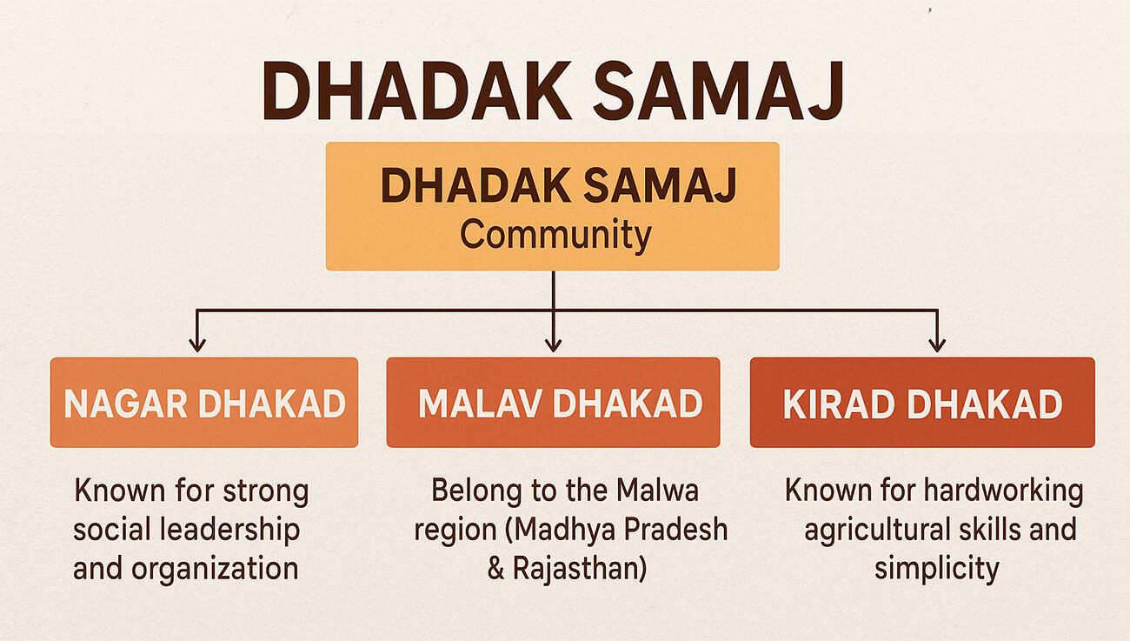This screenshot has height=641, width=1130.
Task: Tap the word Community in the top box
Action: (x=555, y=236)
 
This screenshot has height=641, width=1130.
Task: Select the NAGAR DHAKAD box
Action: (x=204, y=403)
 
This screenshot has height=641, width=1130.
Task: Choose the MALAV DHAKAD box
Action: (x=553, y=403)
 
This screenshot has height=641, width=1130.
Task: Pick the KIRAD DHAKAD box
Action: (x=922, y=403)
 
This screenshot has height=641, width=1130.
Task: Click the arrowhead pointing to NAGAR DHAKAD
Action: (x=197, y=344)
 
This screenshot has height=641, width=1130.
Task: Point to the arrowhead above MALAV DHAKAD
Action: (x=553, y=344)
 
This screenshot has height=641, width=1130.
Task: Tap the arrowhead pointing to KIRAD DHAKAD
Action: (x=936, y=344)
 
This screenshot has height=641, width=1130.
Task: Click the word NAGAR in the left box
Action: (x=125, y=404)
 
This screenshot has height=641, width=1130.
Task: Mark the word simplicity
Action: (x=937, y=569)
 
